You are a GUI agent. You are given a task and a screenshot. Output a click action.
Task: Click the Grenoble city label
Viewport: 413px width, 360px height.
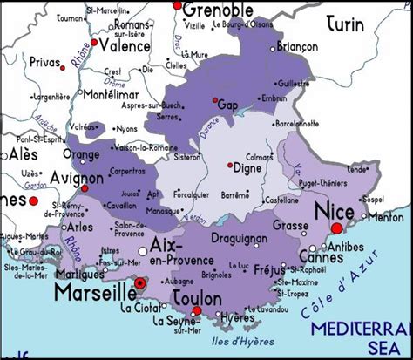(x=219, y=10)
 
